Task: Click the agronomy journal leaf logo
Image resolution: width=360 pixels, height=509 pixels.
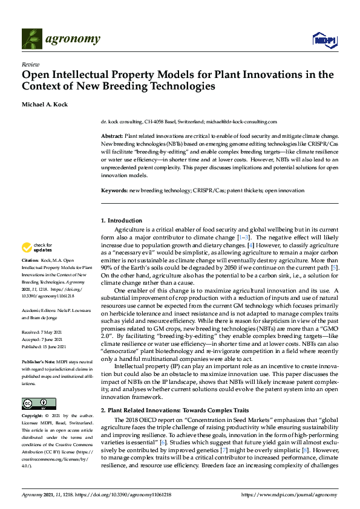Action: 32,39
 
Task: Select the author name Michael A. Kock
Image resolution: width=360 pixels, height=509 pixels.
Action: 45,104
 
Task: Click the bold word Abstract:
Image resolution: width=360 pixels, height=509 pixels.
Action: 112,137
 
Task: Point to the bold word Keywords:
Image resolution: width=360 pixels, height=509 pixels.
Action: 114,191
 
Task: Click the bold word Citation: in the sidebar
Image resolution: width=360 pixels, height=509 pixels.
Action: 30,261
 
